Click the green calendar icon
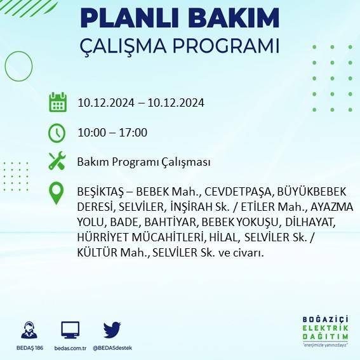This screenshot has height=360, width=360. [58, 102]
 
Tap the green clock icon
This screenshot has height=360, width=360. [57, 133]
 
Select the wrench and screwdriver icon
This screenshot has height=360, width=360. [57, 161]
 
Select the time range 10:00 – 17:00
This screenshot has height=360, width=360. [112, 133]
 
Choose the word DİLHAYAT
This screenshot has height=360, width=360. [314, 222]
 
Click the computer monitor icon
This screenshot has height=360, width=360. [70, 330]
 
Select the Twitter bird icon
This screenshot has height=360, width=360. [112, 330]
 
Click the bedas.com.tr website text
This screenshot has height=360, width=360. [70, 349]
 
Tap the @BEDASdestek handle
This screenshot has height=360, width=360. [113, 349]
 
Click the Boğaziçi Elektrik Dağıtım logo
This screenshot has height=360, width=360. [326, 330]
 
